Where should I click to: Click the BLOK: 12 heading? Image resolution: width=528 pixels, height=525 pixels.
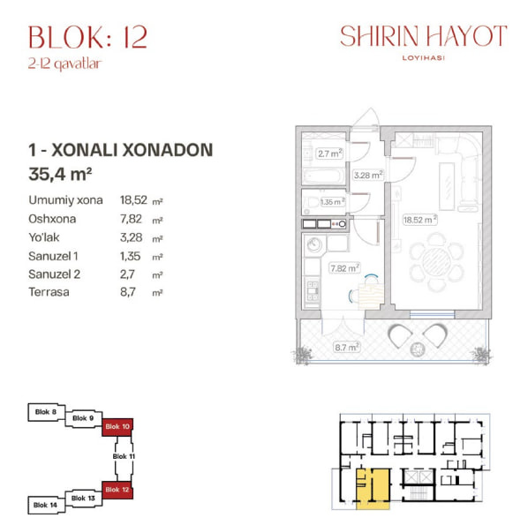click(x=88, y=37)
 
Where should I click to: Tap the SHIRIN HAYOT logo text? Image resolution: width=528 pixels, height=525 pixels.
click(x=424, y=36)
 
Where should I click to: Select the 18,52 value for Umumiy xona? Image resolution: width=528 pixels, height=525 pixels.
click(x=133, y=200)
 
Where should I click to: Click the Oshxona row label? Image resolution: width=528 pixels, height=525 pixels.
click(x=52, y=219)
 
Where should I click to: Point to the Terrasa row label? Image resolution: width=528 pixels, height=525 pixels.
click(x=49, y=292)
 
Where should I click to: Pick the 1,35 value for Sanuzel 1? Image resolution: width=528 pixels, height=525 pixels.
click(x=130, y=256)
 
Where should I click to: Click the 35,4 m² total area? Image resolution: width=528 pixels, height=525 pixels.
click(x=60, y=174)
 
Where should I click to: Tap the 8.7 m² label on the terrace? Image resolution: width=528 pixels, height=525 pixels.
click(x=346, y=347)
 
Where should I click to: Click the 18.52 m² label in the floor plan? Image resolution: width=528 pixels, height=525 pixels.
click(x=420, y=220)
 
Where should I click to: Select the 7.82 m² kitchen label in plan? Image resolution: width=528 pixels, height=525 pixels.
click(x=344, y=268)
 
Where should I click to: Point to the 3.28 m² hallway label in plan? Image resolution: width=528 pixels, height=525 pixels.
click(x=367, y=175)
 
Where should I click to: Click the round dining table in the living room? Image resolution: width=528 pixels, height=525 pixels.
click(x=436, y=262)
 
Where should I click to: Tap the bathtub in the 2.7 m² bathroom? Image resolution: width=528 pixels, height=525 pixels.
click(x=324, y=176)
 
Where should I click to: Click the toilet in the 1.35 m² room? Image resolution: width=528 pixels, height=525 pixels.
click(x=311, y=203)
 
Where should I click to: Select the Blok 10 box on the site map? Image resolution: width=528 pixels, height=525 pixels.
click(x=117, y=427)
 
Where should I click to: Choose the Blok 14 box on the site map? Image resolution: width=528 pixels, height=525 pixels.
click(x=46, y=505)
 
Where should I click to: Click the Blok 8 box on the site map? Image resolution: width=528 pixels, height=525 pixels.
click(x=47, y=412)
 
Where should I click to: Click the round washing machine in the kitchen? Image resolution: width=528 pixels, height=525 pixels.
click(x=313, y=244)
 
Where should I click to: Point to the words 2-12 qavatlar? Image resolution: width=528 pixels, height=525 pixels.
click(x=64, y=64)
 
